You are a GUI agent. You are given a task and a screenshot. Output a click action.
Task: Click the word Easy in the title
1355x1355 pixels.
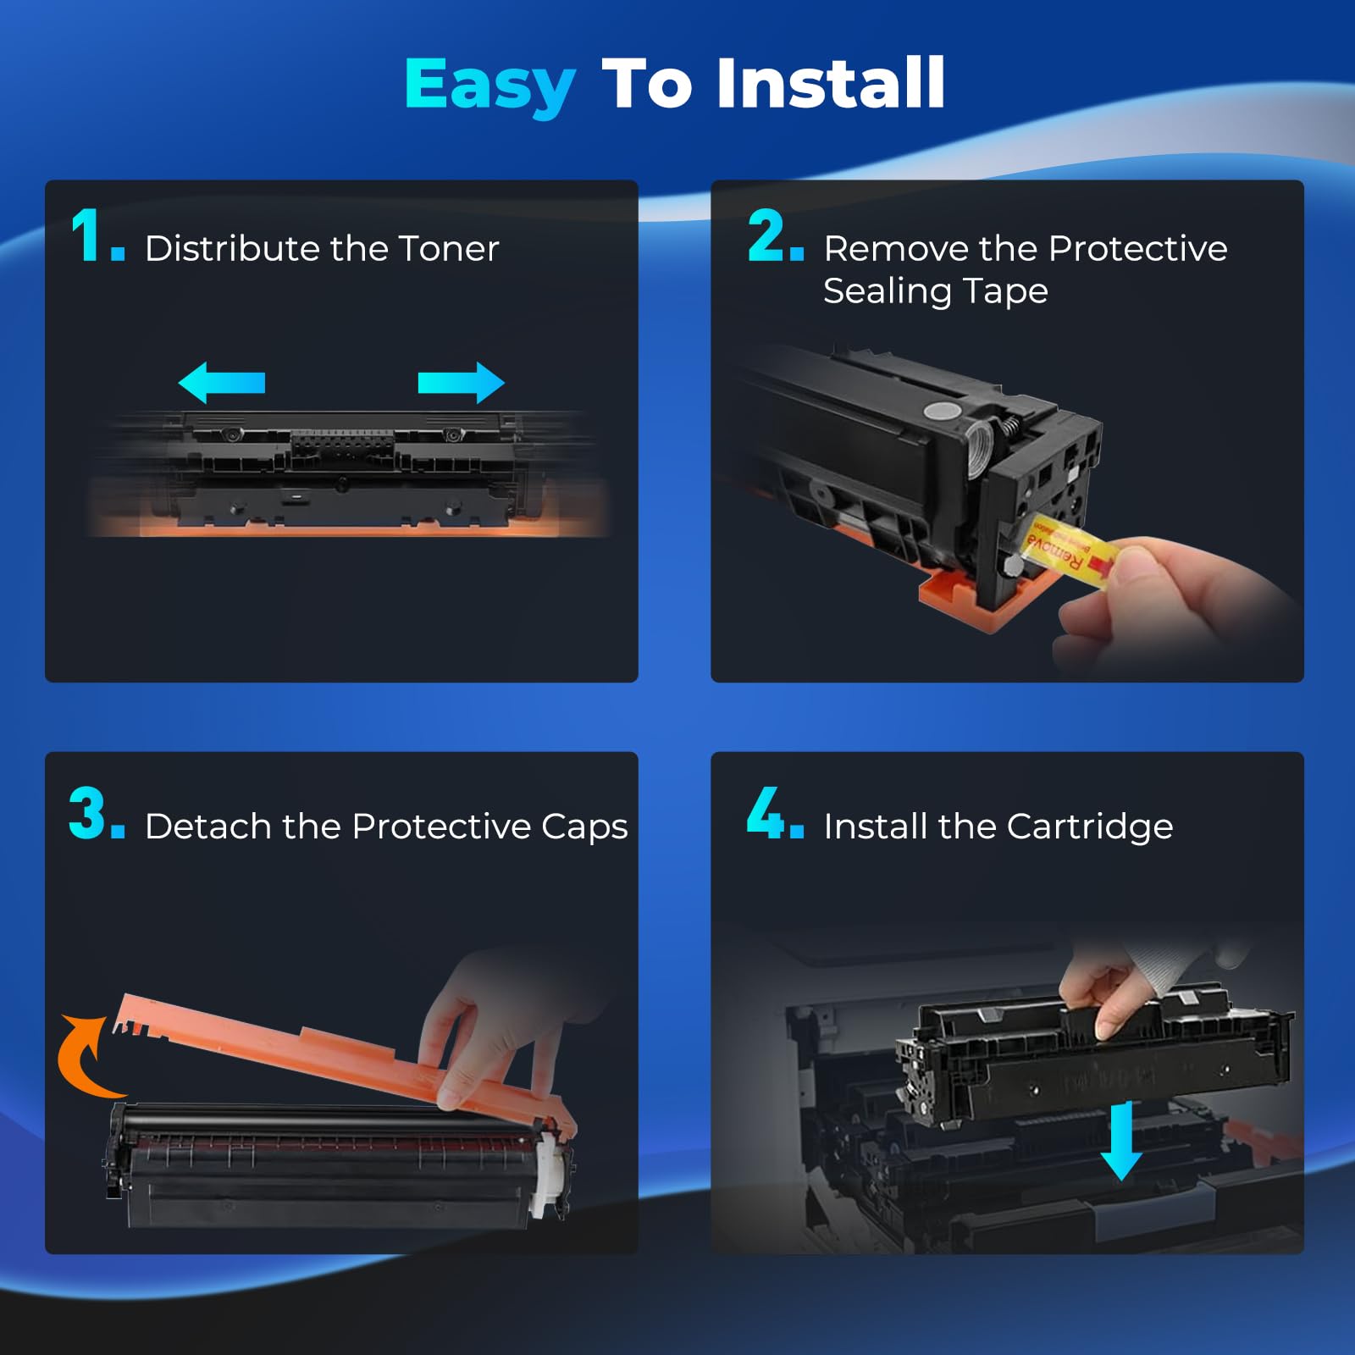click(489, 85)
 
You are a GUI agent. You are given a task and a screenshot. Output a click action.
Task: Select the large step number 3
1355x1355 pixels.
click(87, 814)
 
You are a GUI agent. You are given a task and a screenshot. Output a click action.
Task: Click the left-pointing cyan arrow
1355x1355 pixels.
click(222, 382)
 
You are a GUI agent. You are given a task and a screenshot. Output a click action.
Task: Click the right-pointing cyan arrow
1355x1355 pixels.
click(461, 383)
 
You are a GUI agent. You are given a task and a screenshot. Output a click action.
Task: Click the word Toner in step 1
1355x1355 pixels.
click(448, 249)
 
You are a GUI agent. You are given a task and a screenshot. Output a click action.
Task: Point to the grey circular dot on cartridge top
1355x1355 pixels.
click(941, 412)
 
